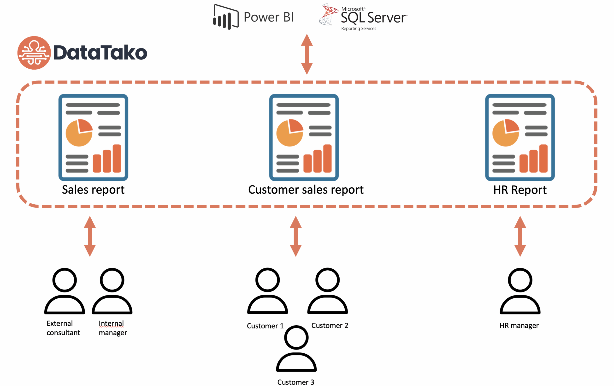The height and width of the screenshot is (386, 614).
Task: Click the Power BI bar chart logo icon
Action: coord(226,17)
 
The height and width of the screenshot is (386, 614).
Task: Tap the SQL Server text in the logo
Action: coord(373,18)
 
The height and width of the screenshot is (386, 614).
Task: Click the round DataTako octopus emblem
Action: coord(34,53)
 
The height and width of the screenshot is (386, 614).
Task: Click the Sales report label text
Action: coord(93,190)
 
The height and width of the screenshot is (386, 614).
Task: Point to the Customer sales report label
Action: coord(306,190)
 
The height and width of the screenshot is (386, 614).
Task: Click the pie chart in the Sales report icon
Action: coord(79,133)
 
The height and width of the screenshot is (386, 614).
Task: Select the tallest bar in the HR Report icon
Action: coord(543,158)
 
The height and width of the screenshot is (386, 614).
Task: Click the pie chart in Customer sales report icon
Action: coord(290,133)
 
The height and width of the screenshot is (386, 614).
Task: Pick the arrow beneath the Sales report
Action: coord(90,236)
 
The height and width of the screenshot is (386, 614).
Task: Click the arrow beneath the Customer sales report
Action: coord(295,236)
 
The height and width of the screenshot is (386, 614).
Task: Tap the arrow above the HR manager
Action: coord(520,236)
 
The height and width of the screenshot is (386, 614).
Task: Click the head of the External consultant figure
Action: coord(65,280)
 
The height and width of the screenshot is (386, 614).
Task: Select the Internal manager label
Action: coord(112,328)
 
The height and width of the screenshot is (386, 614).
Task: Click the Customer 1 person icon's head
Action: coord(267,280)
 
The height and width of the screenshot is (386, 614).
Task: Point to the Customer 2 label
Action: coord(330,326)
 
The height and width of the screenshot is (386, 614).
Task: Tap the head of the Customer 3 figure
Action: coord(296,338)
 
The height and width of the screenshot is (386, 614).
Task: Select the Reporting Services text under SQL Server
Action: coord(359,29)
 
